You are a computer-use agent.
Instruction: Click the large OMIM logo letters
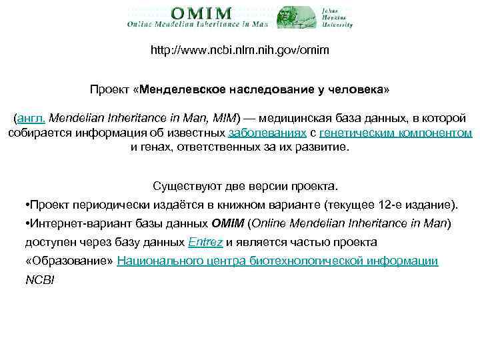pyautogui.click(x=201, y=13)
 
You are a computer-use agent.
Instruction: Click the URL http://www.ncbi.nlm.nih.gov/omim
pyautogui.click(x=239, y=51)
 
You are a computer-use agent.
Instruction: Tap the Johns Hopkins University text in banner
pyautogui.click(x=337, y=17)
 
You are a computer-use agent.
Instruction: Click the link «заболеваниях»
pyautogui.click(x=267, y=133)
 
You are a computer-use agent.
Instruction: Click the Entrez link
pyautogui.click(x=206, y=242)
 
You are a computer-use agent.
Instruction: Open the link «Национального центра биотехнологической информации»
pyautogui.click(x=277, y=261)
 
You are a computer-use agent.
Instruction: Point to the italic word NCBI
pyautogui.click(x=39, y=279)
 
